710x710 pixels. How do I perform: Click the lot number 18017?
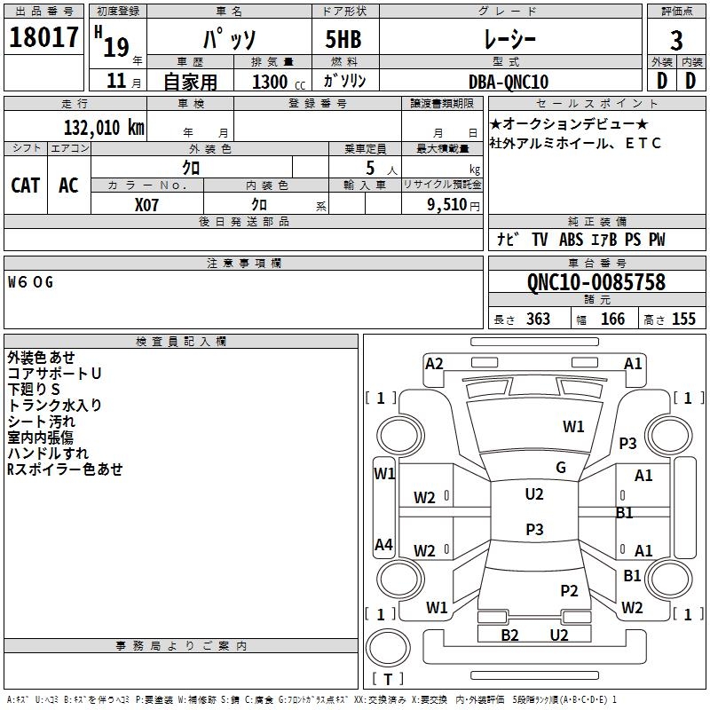click(43, 37)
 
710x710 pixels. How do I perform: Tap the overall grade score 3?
click(676, 41)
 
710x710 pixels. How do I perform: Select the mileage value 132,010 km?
click(104, 128)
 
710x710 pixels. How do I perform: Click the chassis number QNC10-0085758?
click(596, 282)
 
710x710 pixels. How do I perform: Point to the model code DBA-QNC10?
click(509, 82)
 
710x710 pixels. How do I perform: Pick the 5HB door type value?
click(343, 39)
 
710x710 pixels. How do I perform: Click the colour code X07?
click(146, 205)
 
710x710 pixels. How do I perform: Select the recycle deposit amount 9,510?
click(447, 205)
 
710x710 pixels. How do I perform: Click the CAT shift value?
click(26, 185)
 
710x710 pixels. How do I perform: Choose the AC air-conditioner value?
click(69, 185)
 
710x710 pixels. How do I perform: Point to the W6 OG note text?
click(30, 282)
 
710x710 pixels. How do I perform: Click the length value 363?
click(538, 319)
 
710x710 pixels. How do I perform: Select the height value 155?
click(683, 319)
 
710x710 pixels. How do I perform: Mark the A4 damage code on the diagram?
click(383, 544)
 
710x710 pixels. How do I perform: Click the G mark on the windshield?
click(561, 468)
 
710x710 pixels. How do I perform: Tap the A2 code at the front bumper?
click(434, 364)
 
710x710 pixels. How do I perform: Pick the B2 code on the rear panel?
click(509, 635)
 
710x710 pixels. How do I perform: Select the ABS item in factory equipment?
click(571, 240)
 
